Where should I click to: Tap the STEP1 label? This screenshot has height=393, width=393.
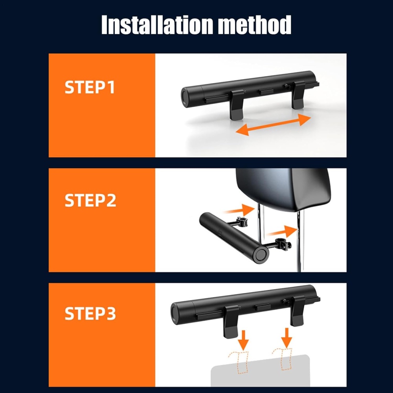(x=90, y=87)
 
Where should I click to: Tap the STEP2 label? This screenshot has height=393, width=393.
(x=90, y=200)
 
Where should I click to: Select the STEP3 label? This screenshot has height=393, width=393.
(x=90, y=313)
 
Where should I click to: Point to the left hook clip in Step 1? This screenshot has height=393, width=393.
(x=237, y=104)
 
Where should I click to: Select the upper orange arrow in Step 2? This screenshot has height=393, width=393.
(x=239, y=209)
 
